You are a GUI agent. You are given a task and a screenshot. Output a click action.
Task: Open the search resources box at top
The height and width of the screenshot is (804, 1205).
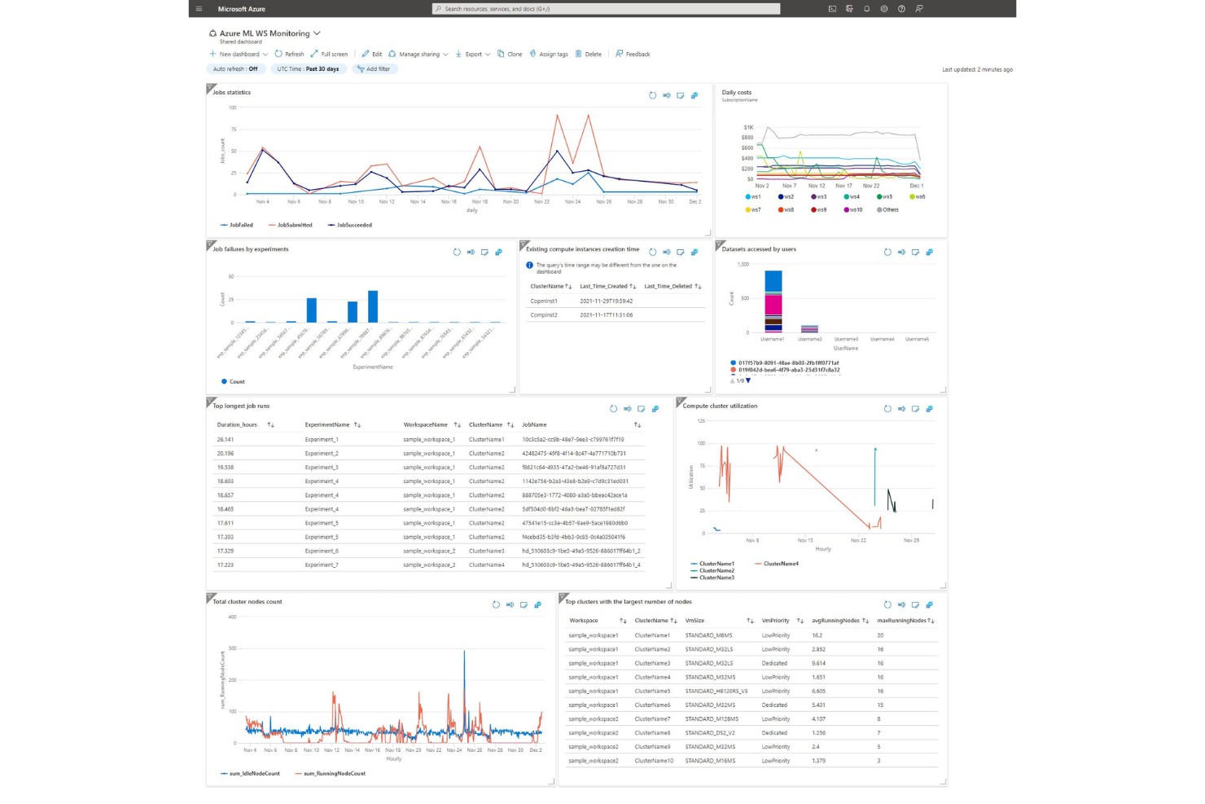(x=606, y=9)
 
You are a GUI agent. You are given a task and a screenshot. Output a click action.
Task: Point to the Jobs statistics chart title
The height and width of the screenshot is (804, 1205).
(x=232, y=93)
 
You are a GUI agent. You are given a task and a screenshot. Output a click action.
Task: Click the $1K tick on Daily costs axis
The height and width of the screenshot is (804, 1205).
(x=748, y=128)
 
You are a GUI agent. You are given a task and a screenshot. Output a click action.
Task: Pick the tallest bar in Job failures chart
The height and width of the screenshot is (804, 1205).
(x=373, y=306)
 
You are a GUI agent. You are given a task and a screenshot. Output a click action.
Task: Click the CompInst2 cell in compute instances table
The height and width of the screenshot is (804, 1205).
(x=544, y=315)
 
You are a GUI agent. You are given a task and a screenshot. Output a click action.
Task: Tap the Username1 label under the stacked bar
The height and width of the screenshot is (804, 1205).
(x=772, y=339)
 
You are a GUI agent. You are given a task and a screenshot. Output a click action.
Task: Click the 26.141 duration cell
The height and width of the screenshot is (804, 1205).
(x=226, y=440)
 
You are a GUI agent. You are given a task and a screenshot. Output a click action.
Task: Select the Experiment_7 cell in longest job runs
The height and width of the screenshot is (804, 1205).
(x=322, y=565)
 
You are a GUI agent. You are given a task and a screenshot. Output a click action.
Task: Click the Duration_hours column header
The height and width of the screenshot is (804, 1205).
(x=237, y=425)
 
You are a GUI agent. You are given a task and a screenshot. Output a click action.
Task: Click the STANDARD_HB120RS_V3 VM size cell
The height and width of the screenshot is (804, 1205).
(x=716, y=692)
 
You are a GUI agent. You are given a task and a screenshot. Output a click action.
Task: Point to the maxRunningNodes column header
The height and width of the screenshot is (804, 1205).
(x=902, y=621)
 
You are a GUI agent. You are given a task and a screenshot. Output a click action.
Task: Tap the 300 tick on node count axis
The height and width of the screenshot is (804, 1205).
(x=232, y=648)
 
